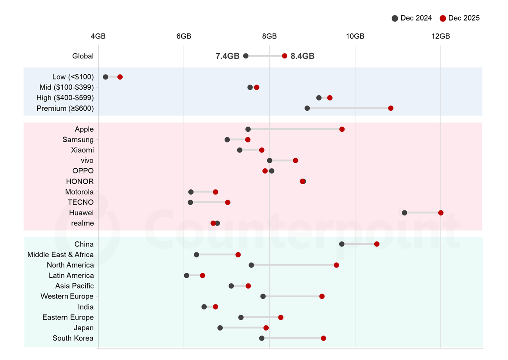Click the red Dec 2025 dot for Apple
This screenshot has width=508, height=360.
point(342,129)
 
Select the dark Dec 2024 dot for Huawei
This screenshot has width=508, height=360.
point(404,213)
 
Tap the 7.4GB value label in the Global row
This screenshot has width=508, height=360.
point(227,56)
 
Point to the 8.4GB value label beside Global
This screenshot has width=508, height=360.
point(302,56)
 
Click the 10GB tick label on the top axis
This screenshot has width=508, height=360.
point(355,37)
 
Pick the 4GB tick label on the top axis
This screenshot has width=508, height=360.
point(98,37)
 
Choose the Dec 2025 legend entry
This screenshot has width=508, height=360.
point(460,18)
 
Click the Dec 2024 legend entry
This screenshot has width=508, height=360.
point(412,18)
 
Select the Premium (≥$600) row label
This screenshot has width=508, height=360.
point(65,108)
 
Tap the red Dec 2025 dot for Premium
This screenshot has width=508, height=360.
point(391,108)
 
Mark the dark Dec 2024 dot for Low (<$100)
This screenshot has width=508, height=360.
point(106,77)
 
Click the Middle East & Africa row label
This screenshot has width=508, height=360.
point(60,255)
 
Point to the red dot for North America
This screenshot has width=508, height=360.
point(336,265)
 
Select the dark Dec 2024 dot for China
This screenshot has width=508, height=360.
point(342,244)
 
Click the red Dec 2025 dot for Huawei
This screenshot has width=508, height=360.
point(441,213)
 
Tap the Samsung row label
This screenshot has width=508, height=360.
point(78,140)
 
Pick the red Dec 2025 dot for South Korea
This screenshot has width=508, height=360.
point(323,338)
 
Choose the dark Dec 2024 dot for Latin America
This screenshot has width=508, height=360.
point(187,275)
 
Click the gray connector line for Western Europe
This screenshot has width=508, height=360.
point(292,296)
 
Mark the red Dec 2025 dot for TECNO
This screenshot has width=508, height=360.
point(227,202)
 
